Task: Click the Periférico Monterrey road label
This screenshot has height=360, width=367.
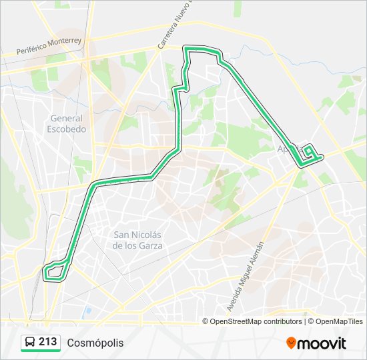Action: (x=50, y=47)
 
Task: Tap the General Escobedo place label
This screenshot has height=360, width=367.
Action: (x=67, y=123)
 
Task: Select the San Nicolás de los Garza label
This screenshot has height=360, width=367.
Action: (x=137, y=239)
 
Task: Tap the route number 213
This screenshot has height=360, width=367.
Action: (x=48, y=342)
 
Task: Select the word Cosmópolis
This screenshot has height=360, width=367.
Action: (x=95, y=343)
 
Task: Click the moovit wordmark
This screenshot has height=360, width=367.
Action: (x=322, y=343)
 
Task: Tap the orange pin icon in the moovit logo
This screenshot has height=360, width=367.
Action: (x=292, y=343)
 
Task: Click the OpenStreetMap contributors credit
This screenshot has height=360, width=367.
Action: (x=256, y=321)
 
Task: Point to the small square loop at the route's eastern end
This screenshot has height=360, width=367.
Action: (x=310, y=152)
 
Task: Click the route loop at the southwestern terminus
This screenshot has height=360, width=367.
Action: (x=55, y=270)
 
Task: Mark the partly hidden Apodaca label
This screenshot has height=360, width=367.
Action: (x=284, y=149)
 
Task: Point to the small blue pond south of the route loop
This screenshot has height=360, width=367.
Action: (x=87, y=311)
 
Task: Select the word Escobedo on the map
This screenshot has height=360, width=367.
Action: (x=67, y=129)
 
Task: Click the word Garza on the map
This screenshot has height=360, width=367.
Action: (x=151, y=245)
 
